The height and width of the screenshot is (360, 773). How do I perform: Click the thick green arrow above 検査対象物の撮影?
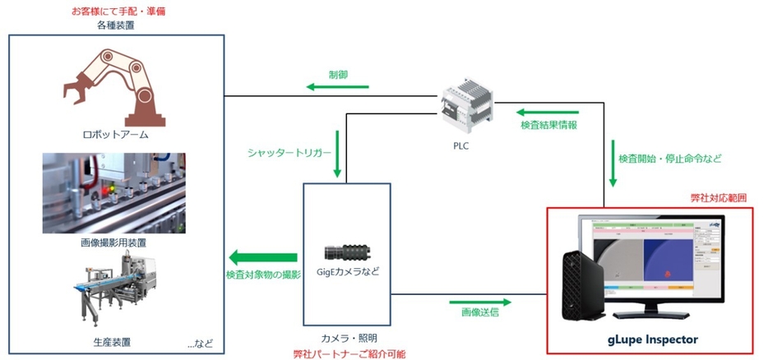click(x=262, y=257)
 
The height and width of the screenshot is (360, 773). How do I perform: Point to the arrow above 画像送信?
click(x=476, y=294)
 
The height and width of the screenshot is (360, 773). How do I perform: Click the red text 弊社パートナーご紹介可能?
click(x=349, y=353)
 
